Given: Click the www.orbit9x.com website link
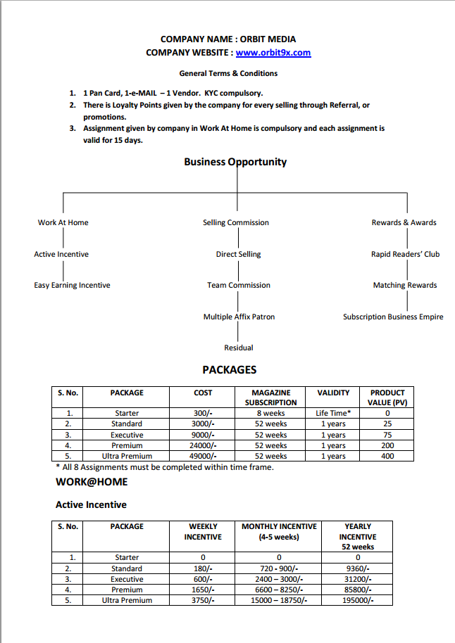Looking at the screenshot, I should (x=273, y=53).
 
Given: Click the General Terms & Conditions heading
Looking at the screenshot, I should (x=228, y=73).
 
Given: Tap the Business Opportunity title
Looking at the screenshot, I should (x=235, y=162).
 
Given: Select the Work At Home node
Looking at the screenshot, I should (x=63, y=222).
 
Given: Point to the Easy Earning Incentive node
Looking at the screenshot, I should (x=72, y=285).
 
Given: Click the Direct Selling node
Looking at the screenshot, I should (x=238, y=254).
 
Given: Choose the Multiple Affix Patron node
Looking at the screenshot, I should (x=239, y=317).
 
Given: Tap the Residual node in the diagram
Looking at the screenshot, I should (x=239, y=348).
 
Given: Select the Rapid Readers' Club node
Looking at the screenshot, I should (x=405, y=254).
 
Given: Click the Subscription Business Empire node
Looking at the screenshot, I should (x=393, y=317).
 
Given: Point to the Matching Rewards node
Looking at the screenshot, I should (x=405, y=285).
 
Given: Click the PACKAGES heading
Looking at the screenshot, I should (x=230, y=369).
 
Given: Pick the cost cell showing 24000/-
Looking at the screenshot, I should (x=203, y=445).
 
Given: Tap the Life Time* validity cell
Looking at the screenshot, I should (x=333, y=413).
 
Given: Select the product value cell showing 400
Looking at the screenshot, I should (x=387, y=456).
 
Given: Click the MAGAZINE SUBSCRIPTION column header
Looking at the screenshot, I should (x=270, y=397).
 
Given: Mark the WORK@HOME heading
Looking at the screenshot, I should (x=92, y=482).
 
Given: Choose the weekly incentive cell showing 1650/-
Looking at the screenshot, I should (x=203, y=590).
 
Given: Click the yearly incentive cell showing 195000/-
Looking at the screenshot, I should (x=358, y=600).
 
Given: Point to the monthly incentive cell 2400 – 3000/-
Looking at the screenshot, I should (x=279, y=579).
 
